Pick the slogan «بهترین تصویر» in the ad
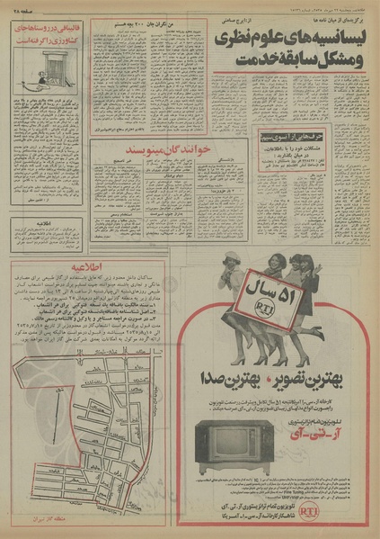click(x=321, y=372)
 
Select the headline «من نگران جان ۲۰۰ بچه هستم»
click(x=126, y=27)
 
